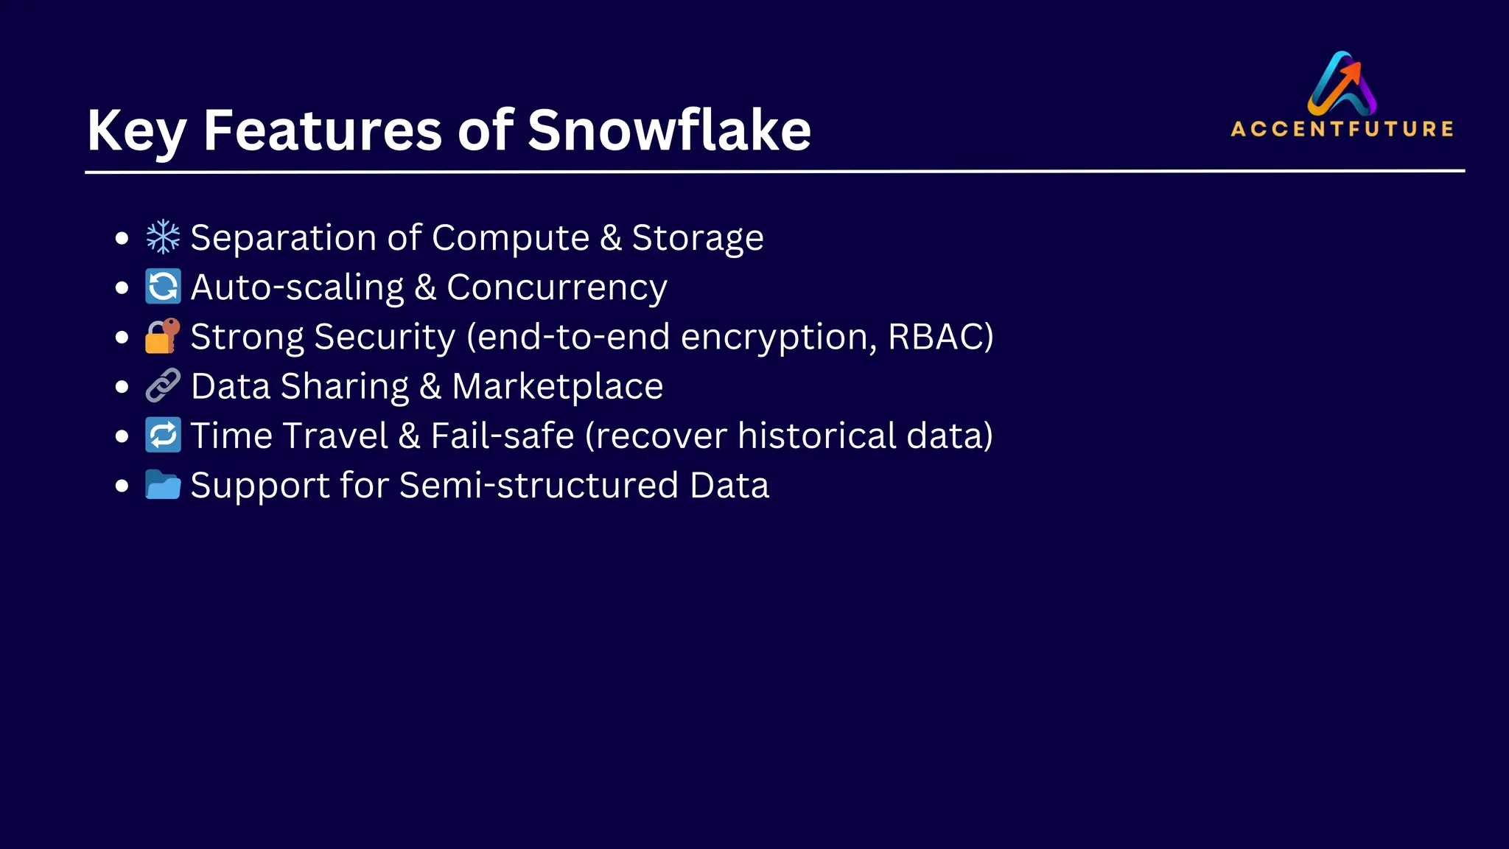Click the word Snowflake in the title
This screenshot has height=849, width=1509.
[669, 130]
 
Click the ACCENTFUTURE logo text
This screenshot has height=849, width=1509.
[1342, 129]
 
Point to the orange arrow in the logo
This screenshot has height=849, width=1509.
[1350, 74]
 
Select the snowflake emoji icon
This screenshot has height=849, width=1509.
[163, 237]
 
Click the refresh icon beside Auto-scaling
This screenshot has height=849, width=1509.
[163, 287]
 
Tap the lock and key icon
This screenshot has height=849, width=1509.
[163, 336]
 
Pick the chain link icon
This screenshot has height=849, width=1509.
[163, 385]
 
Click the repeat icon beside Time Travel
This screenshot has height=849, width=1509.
[163, 435]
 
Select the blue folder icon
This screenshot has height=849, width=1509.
[163, 485]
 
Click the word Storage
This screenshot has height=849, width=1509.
[697, 238]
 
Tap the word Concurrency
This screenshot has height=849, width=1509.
[556, 287]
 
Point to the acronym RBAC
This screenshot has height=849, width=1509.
[934, 337]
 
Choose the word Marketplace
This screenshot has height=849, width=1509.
[557, 387]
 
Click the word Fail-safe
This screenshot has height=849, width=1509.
[502, 436]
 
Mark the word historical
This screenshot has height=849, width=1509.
[816, 436]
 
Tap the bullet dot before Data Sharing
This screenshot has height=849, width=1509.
[122, 386]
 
